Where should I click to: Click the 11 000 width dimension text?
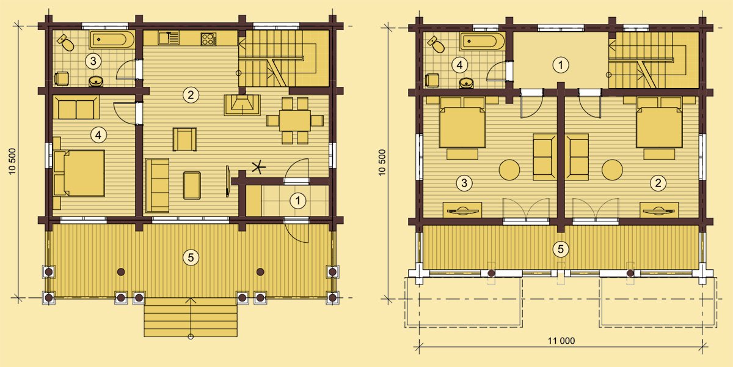[561, 341]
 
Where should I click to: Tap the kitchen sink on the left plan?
[169, 38]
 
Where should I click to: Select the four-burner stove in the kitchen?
[208, 39]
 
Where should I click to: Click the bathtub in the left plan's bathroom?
[112, 40]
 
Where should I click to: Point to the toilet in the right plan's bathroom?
[436, 45]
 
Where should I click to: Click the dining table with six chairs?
[295, 120]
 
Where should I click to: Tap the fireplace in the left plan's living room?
[242, 105]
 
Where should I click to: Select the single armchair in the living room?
[184, 139]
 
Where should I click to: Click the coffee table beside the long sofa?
[192, 185]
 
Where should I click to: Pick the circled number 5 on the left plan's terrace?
[191, 258]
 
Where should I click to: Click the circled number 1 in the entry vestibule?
[298, 201]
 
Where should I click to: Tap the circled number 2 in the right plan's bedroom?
[658, 183]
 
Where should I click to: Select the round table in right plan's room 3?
[509, 170]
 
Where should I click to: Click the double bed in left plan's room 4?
[79, 173]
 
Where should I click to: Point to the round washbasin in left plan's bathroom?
[96, 81]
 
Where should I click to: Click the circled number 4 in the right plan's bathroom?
[459, 65]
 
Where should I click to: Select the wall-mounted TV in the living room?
[227, 181]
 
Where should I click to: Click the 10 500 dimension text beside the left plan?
[12, 161]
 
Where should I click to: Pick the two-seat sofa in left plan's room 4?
[79, 108]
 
